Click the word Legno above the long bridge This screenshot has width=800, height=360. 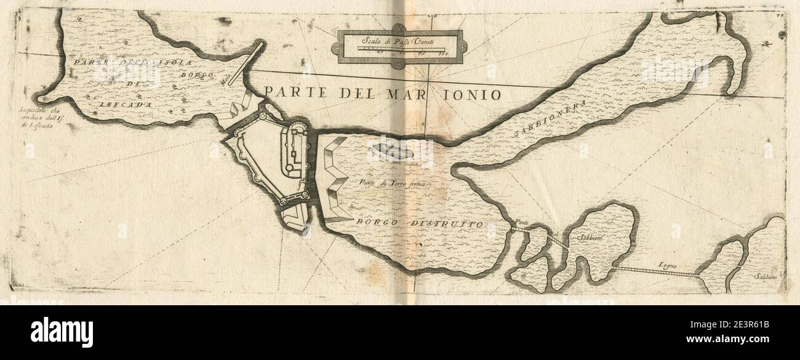(x=667, y=265)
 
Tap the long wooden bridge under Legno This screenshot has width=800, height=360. (x=655, y=273)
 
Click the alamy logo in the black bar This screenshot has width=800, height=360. (x=62, y=332)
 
